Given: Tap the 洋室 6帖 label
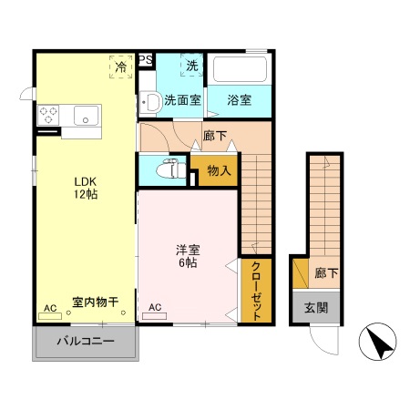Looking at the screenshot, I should click(187, 256).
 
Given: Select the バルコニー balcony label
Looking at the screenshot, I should click(87, 342).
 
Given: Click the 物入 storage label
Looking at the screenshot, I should click(219, 169).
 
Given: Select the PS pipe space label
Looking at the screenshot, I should click(146, 61).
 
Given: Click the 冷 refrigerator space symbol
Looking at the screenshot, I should click(120, 66).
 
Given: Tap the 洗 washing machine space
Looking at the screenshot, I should click(192, 66).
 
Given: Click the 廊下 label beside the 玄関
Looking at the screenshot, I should click(323, 272).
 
